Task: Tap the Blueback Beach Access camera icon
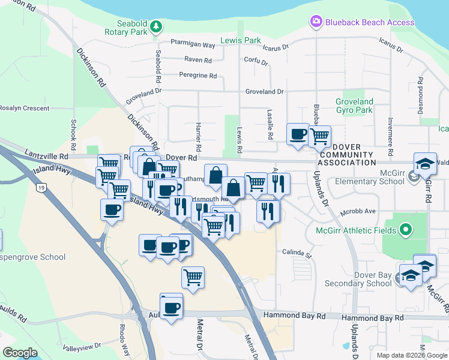pos(316,22)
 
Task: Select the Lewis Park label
pos(241,40)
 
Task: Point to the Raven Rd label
pos(198,60)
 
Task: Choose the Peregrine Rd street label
pos(197,76)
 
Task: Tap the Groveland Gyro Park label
pos(354,106)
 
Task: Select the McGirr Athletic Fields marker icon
pos(405,229)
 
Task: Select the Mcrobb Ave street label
pos(358,211)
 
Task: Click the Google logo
pos(20,352)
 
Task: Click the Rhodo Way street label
pos(124,340)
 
